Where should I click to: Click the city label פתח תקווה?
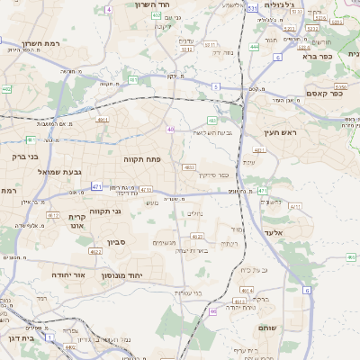tap(142, 158)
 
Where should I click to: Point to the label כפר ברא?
tap(318, 56)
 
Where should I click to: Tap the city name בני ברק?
tap(26, 156)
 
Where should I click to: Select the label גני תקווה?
tap(104, 211)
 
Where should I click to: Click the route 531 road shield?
tap(253, 7)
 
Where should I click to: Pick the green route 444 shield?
tap(255, 46)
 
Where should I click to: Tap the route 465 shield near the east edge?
tap(350, 257)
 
